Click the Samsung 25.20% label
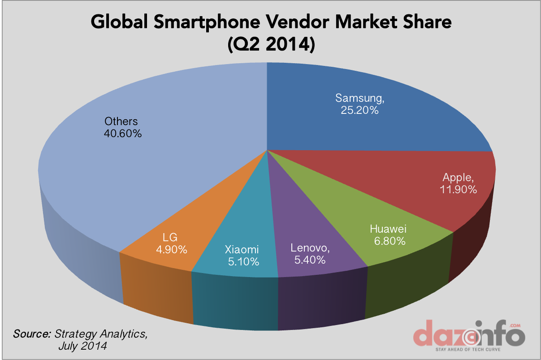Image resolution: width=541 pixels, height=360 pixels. pyautogui.click(x=359, y=104)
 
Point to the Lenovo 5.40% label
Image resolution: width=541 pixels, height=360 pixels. pyautogui.click(x=310, y=253)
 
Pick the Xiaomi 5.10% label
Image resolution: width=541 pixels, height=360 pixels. pyautogui.click(x=242, y=256)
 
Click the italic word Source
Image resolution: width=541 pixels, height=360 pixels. pyautogui.click(x=32, y=334)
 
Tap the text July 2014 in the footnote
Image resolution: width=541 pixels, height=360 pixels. pyautogui.click(x=82, y=347)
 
